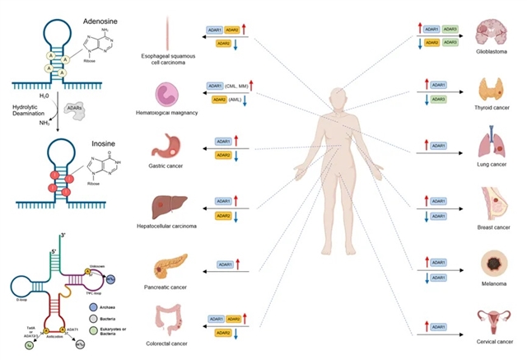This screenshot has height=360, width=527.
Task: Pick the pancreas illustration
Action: (167, 266)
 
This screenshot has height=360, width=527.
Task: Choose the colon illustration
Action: (165, 320)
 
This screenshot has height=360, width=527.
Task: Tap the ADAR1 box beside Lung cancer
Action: (438, 146)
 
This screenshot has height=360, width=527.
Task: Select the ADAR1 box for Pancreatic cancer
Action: (226, 264)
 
